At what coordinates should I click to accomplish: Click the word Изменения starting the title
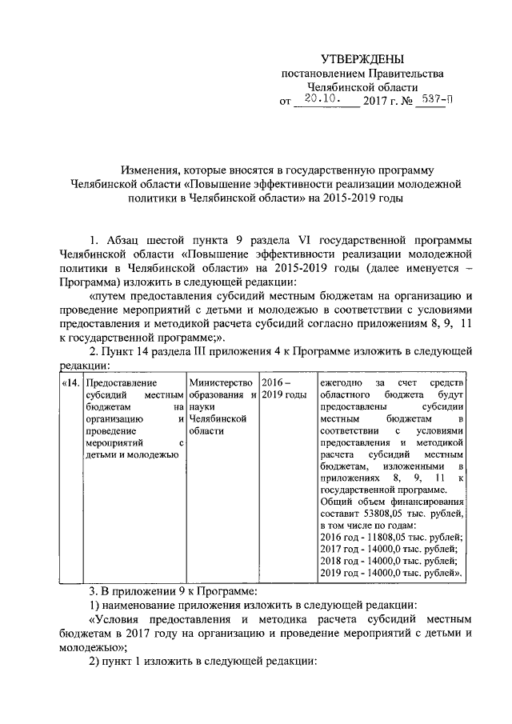pos(148,170)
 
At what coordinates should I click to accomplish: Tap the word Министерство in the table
pos(221,383)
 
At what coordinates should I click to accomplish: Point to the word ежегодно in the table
pos(342,383)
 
